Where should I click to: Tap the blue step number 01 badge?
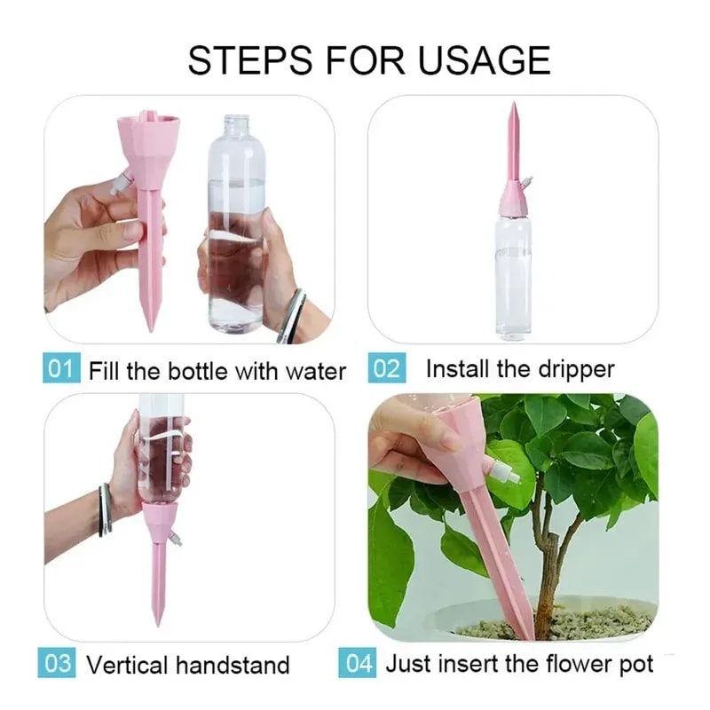coord(59,368)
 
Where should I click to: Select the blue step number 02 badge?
coord(386,368)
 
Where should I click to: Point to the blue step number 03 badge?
coord(59,663)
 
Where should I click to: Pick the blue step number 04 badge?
coord(357,663)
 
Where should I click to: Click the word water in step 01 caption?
coord(315,370)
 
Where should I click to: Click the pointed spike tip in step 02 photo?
coord(514,111)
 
